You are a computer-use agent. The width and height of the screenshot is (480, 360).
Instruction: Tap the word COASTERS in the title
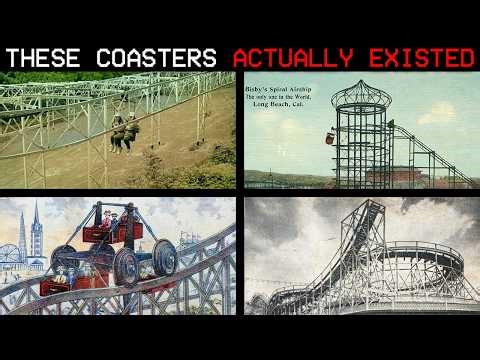tap(160, 57)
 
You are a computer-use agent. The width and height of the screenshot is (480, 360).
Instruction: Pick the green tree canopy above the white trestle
tap(40, 77)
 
